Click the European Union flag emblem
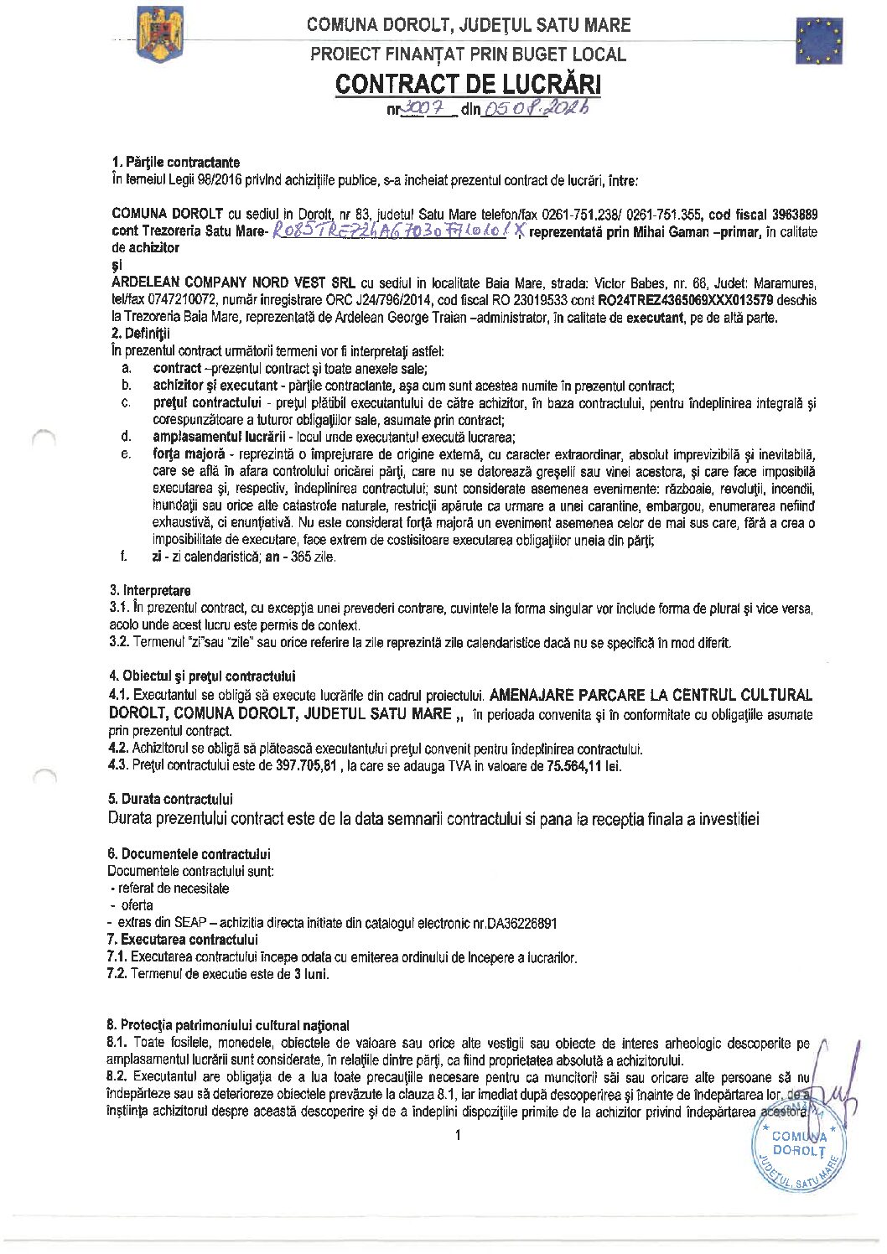819,41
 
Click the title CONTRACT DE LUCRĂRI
468,84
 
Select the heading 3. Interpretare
150,590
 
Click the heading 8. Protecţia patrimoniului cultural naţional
228,1025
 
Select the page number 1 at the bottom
457,1136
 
